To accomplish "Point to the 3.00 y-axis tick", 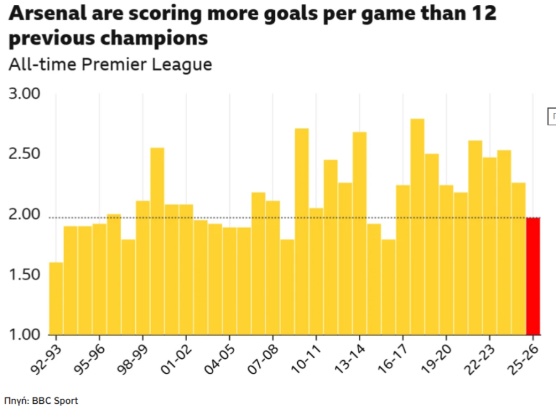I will [24, 94].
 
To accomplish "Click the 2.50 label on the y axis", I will [24, 154].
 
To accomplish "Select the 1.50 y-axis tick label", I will [24, 275].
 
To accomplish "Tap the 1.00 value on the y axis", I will [24, 335].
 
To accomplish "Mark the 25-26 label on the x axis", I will [523, 356].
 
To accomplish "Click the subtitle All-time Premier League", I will [110, 64].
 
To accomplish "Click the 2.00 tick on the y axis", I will [24, 215].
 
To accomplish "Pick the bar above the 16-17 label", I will [403, 260].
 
